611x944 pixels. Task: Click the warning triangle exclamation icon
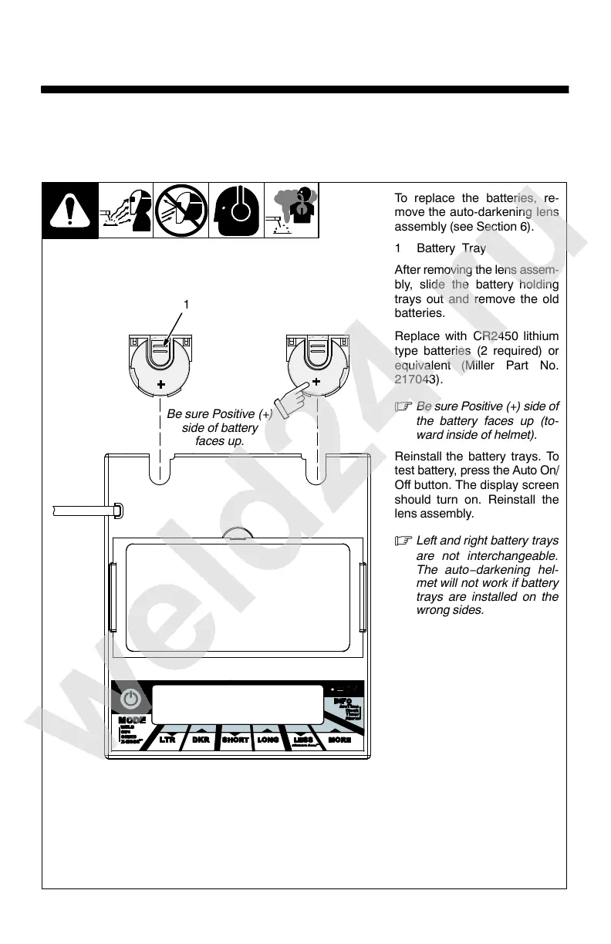point(69,211)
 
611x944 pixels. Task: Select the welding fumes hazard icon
point(291,211)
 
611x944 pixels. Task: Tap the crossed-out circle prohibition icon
point(181,211)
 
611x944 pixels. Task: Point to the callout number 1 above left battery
point(186,305)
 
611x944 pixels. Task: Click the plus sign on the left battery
point(162,383)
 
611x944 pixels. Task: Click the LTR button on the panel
point(167,740)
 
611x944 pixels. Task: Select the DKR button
point(201,740)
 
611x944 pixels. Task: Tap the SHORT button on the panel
point(235,740)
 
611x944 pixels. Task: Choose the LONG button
point(268,740)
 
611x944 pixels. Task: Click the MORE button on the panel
point(340,740)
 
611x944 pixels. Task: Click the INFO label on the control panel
point(344,700)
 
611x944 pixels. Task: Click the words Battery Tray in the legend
point(451,248)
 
